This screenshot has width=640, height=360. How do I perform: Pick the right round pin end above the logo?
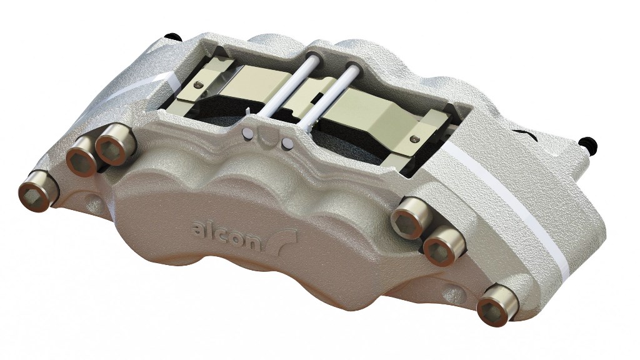point(287,143)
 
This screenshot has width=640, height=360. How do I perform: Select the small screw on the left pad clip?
point(199,84)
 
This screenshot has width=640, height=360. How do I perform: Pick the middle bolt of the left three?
point(82,157)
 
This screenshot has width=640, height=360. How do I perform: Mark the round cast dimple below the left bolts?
point(92,203)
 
